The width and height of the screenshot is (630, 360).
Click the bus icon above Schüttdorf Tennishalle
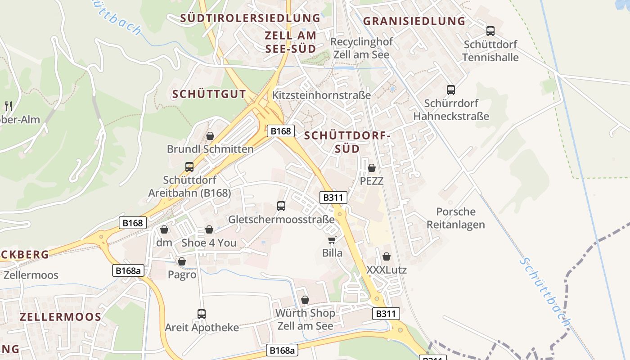(490, 31)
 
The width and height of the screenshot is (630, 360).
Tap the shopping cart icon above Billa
(332, 240)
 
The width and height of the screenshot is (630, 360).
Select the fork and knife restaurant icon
(9, 106)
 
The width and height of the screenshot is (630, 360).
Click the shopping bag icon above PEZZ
(372, 168)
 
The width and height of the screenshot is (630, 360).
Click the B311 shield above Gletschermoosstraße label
(333, 197)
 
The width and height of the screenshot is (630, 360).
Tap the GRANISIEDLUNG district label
(414, 21)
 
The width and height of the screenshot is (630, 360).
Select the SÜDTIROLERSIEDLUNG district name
(250, 18)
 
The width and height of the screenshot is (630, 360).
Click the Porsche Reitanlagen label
(456, 218)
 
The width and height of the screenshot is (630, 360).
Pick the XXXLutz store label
(387, 270)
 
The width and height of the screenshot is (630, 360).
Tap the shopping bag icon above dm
(164, 229)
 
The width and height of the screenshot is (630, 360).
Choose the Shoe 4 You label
(209, 243)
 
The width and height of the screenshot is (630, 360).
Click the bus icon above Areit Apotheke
(202, 314)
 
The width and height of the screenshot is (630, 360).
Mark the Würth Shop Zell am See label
(305, 319)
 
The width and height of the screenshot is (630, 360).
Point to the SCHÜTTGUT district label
(209, 94)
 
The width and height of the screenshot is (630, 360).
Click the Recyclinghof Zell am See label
(361, 48)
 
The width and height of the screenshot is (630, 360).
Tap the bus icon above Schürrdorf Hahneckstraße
(451, 90)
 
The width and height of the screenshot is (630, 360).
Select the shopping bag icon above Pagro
(182, 261)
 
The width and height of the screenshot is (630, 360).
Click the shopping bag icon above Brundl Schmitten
(210, 136)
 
